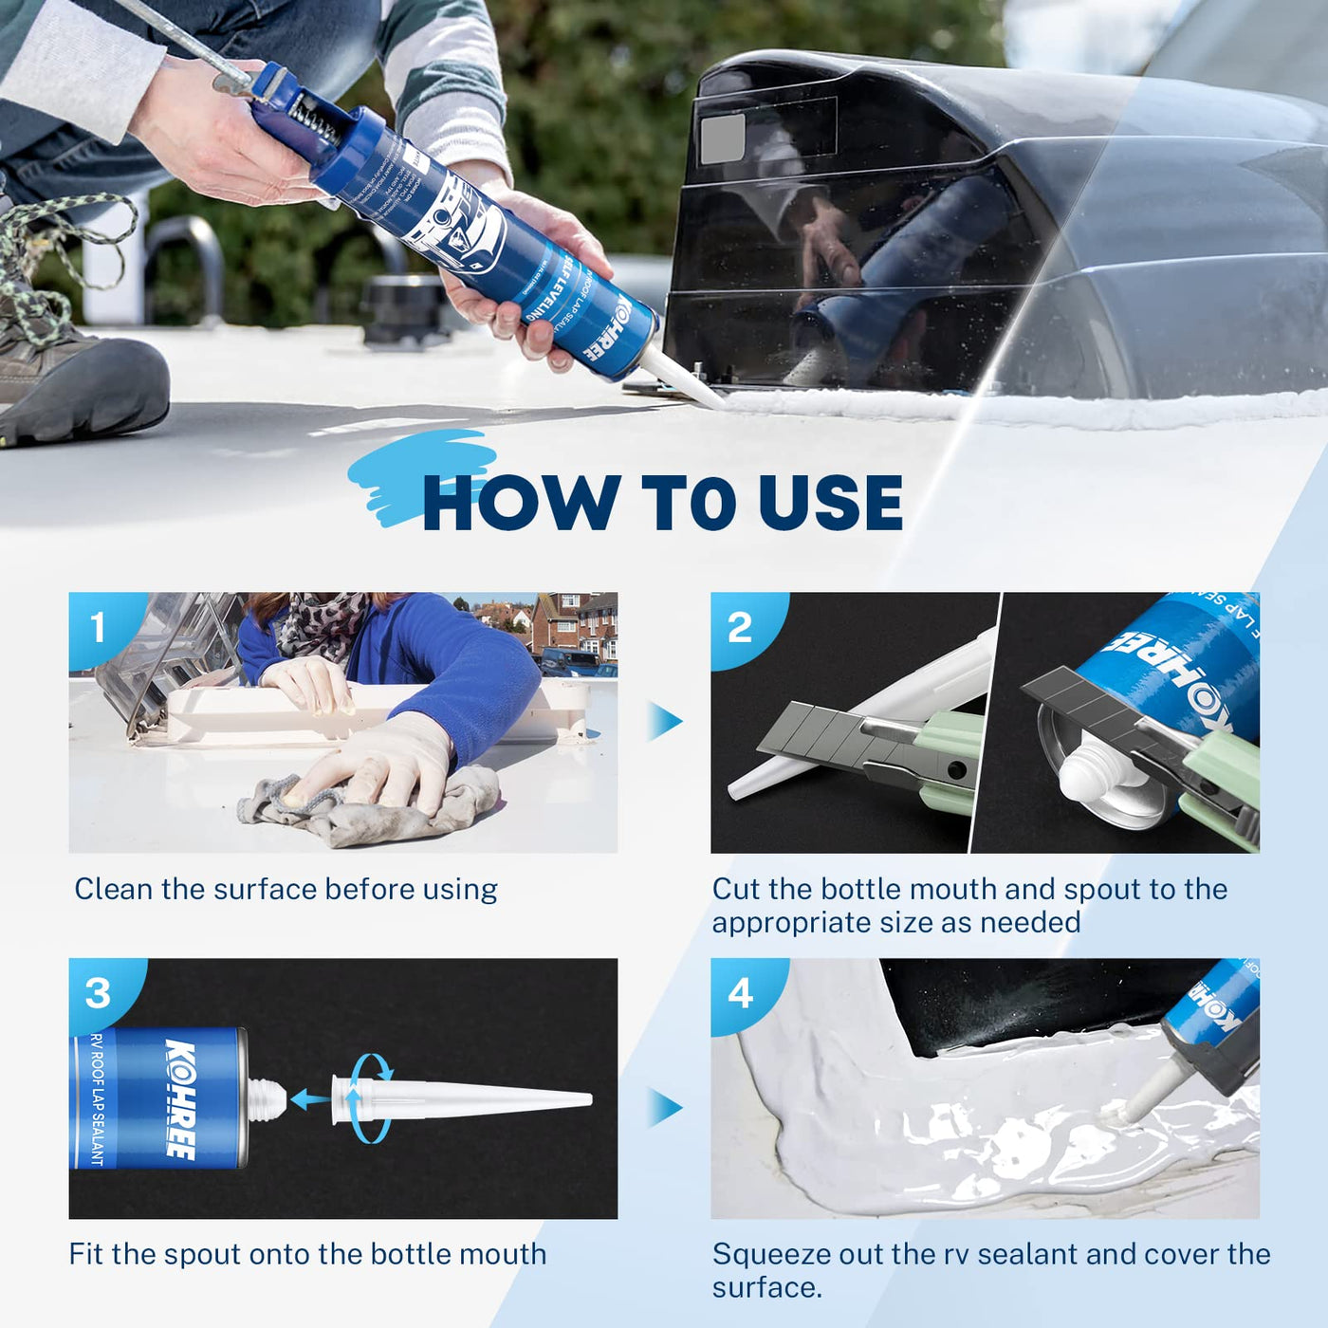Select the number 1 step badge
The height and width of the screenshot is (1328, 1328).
(98, 627)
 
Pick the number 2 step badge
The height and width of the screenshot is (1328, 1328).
(740, 627)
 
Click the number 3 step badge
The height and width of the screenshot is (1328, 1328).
(98, 993)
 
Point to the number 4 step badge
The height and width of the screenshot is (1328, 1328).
(741, 993)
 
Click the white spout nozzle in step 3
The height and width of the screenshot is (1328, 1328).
(474, 1099)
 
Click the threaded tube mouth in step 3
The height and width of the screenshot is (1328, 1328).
(267, 1098)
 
